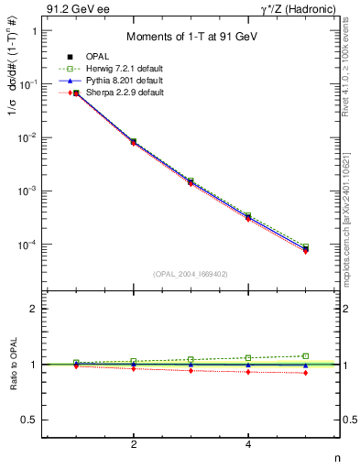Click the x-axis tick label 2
[134, 444]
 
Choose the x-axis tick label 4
[248, 444]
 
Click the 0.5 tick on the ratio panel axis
[27, 420]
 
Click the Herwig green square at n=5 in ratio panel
[306, 355]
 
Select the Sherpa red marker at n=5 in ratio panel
[306, 373]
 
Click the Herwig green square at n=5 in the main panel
[306, 247]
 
